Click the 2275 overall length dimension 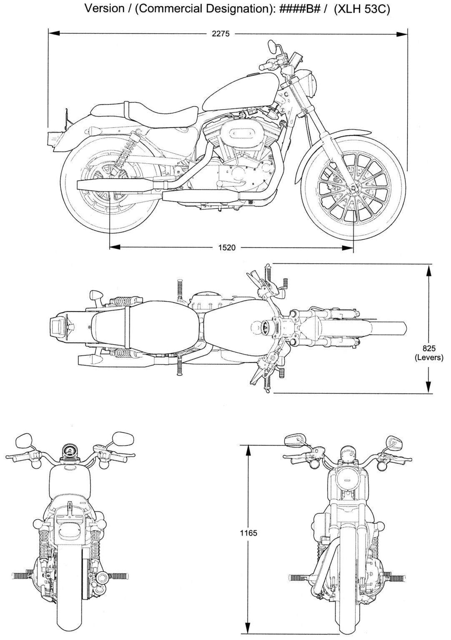coord(220,34)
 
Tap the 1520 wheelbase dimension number coord(227,247)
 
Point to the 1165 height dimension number coord(248,533)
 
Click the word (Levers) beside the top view coord(429,357)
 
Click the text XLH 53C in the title coord(362,9)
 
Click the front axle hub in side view coord(353,188)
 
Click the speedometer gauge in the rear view coord(69,451)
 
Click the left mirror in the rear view coord(24,441)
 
